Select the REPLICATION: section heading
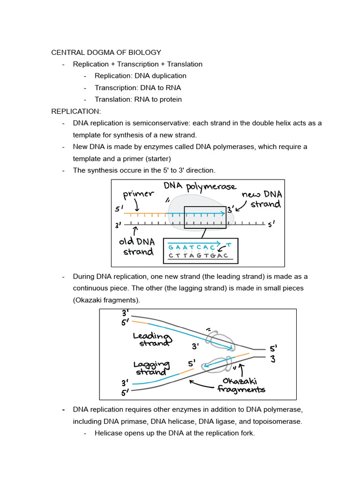click(x=76, y=111)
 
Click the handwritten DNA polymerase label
click(x=200, y=187)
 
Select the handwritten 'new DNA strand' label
click(x=262, y=199)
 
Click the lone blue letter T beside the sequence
click(x=228, y=245)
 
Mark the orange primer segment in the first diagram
click(x=145, y=213)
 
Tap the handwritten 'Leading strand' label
click(x=151, y=339)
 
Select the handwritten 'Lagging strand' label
click(x=150, y=368)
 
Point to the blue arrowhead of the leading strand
click(x=232, y=348)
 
